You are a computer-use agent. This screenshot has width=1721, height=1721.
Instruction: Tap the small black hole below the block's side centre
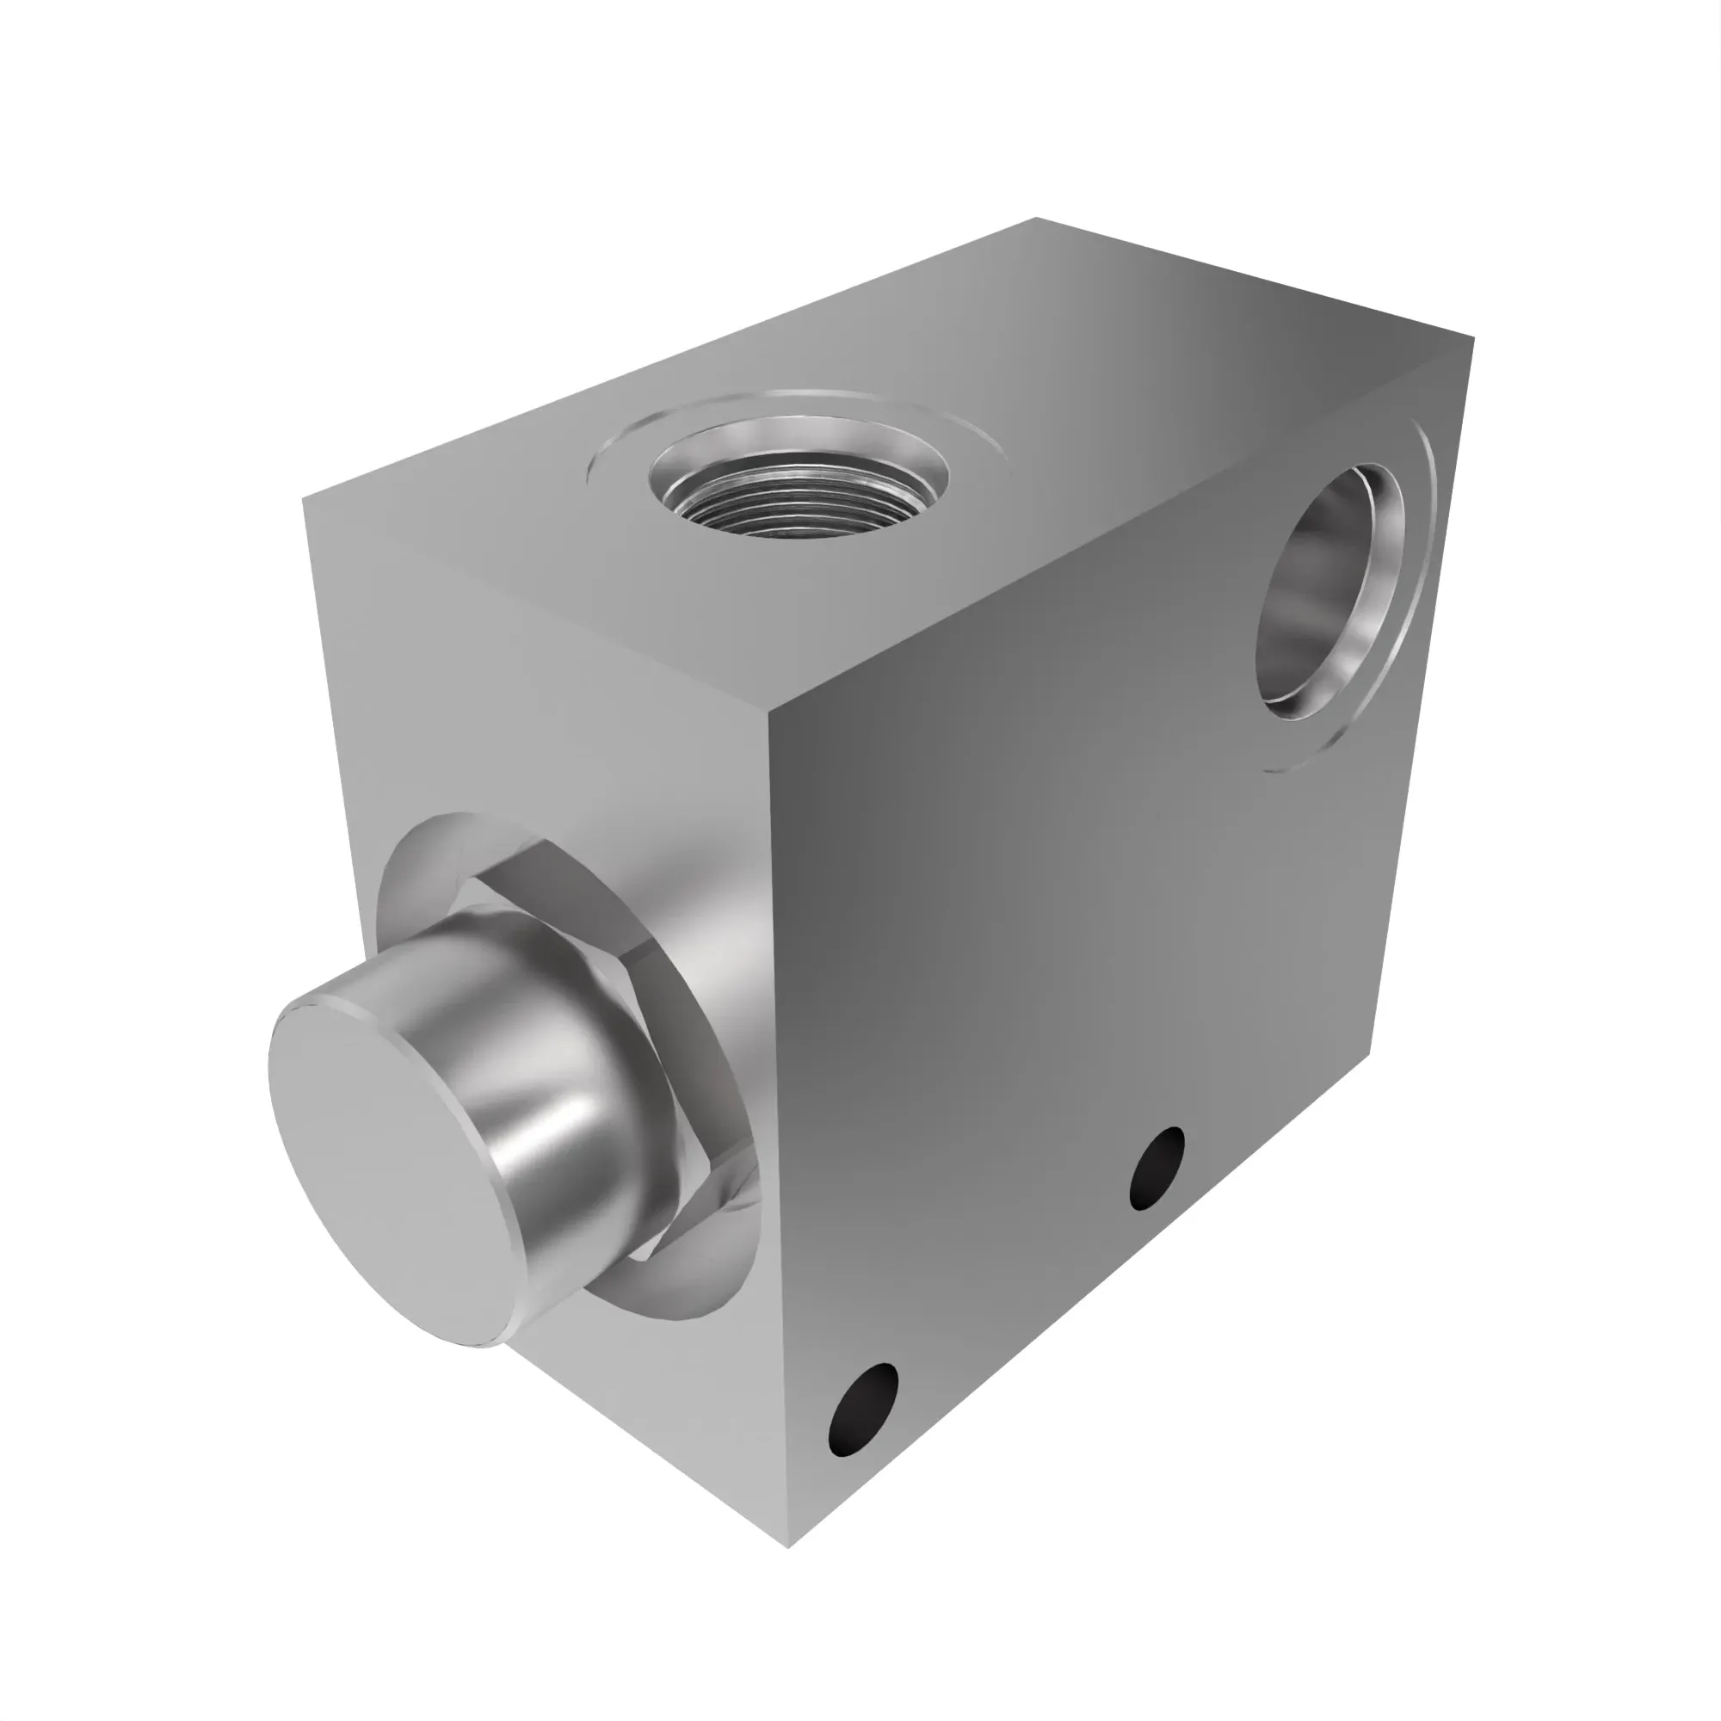(x=1157, y=1168)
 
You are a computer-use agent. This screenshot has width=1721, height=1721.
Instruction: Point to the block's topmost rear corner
(x=1036, y=218)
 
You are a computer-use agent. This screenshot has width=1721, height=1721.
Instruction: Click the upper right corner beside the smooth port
(x=1473, y=337)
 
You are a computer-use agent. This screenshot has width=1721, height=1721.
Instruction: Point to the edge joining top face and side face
(x=1122, y=526)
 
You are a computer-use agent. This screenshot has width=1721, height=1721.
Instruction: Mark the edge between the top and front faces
(x=534, y=604)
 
